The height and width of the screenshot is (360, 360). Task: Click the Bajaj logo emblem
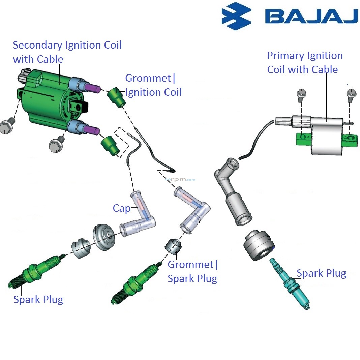click(x=237, y=16)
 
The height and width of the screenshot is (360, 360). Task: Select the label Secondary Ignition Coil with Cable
click(x=67, y=52)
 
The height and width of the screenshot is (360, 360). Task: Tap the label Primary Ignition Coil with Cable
click(x=304, y=62)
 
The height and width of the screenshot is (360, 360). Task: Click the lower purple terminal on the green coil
click(x=91, y=130)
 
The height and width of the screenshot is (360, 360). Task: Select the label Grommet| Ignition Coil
click(x=153, y=85)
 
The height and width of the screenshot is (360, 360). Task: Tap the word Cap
click(x=121, y=208)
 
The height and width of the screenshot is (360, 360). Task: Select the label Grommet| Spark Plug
click(x=192, y=271)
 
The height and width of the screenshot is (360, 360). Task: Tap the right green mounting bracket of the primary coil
click(x=350, y=139)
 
